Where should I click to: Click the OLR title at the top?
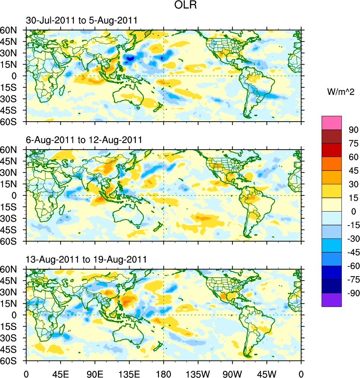coord(185,6)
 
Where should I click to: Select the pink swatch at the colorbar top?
coord(332,122)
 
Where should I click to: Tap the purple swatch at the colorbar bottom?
coord(332,300)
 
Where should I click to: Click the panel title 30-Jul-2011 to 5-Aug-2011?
coord(81,21)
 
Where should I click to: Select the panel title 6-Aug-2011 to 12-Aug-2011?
coord(84,140)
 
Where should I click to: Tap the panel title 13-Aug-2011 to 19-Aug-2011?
coord(86,259)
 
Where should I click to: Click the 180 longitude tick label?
coord(163,373)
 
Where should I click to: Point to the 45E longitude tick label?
coord(60,373)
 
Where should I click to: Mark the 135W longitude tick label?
coord(198,373)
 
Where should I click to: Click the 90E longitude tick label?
coord(94,373)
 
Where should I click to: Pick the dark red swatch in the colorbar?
coord(332,136)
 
